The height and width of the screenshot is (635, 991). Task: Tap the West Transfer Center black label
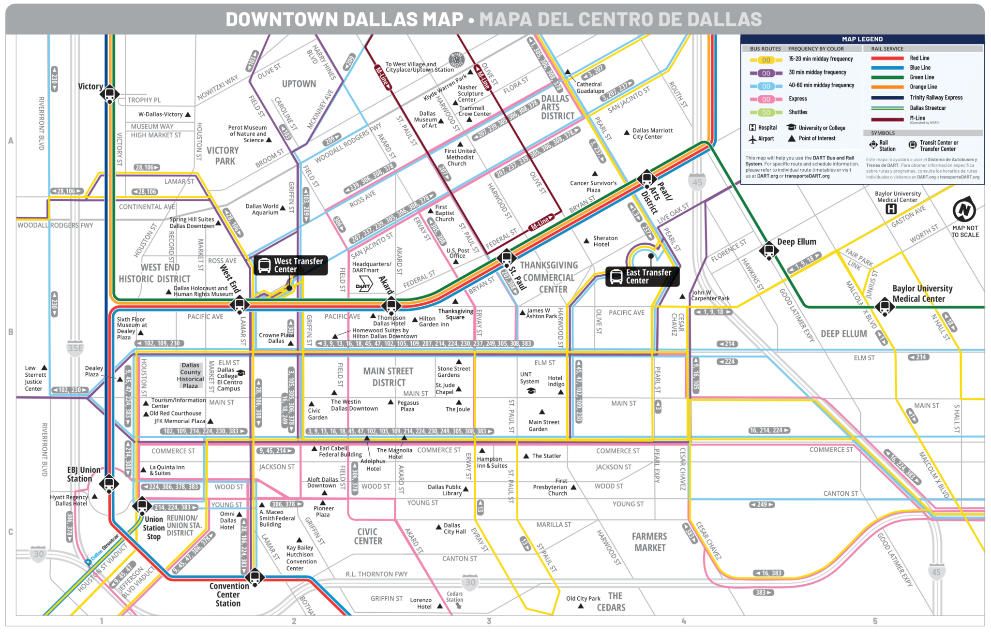[291, 265]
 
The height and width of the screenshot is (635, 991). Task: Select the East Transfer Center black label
[642, 276]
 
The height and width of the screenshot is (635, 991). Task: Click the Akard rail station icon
[391, 305]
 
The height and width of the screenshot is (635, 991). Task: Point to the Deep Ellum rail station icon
[768, 250]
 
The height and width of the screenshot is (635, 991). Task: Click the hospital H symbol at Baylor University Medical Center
[891, 209]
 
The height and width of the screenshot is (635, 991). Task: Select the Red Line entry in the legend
[919, 58]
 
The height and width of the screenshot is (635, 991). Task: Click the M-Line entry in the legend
[917, 118]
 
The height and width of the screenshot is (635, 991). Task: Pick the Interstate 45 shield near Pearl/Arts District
[697, 182]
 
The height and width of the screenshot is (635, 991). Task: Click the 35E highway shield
[75, 348]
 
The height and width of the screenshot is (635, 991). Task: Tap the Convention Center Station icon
[254, 576]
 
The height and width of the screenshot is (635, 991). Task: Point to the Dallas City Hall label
[454, 528]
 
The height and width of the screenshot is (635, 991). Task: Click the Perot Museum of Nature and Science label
[247, 134]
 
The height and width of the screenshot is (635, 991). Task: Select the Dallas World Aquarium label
[262, 209]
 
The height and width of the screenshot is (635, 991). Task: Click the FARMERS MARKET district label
[649, 542]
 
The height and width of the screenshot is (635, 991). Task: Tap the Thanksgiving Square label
[455, 314]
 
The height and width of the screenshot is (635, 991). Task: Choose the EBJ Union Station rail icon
[109, 483]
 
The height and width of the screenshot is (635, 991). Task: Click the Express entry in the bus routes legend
[797, 99]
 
